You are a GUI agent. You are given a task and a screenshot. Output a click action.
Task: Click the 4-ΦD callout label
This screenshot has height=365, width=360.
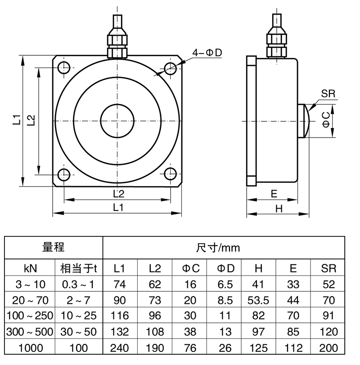tap(207, 53)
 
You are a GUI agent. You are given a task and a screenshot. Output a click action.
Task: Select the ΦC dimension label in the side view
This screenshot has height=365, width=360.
tap(327, 120)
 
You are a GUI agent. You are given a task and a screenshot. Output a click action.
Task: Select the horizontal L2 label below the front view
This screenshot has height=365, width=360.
tap(118, 194)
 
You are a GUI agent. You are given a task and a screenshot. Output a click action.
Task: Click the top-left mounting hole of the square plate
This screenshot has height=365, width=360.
tap(64, 68)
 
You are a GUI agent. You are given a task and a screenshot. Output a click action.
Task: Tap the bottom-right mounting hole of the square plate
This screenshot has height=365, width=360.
tap(170, 174)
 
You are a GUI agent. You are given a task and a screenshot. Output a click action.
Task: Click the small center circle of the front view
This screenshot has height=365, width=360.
tap(117, 121)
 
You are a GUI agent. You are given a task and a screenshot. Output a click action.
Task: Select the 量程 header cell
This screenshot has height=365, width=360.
tap(54, 247)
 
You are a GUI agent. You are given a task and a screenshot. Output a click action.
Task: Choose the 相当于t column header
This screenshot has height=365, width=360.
tap(79, 269)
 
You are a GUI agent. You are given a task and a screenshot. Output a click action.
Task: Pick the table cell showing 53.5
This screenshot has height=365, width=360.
tap(258, 300)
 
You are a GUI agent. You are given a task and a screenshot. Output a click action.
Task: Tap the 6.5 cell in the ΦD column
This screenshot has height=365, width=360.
tap(226, 284)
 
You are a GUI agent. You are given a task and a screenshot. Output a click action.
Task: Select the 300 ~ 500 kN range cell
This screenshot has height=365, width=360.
tap(30, 332)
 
